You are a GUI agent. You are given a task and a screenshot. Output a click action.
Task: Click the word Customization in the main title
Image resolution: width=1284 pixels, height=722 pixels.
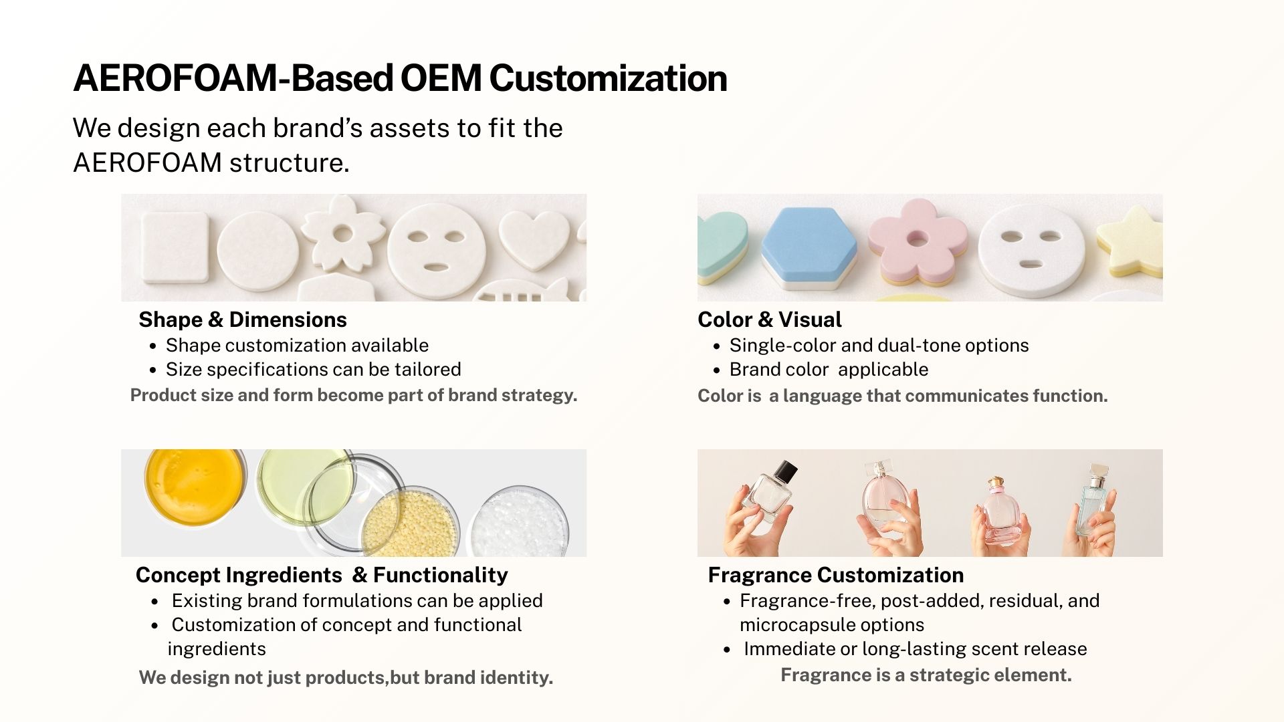608,79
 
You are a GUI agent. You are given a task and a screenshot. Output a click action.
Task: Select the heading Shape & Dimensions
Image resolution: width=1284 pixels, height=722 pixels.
243,320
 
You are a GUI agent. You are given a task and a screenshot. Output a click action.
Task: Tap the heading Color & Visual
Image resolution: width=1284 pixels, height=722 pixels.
770,320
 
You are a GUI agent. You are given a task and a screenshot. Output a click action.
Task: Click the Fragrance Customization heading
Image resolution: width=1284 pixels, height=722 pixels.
836,575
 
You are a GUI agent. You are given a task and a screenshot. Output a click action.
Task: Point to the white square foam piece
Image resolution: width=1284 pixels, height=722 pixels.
175,247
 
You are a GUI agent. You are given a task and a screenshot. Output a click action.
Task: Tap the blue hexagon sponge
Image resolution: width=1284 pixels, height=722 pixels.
810,248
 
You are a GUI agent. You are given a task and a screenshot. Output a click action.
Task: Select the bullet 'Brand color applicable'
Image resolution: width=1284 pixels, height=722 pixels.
829,370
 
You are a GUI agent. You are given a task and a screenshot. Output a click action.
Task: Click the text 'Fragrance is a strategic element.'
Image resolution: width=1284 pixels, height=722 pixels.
926,675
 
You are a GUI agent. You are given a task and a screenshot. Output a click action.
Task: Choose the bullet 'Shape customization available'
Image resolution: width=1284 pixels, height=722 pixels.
297,346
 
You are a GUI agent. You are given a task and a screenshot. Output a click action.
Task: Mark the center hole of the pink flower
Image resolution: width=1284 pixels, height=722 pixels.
917,237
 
